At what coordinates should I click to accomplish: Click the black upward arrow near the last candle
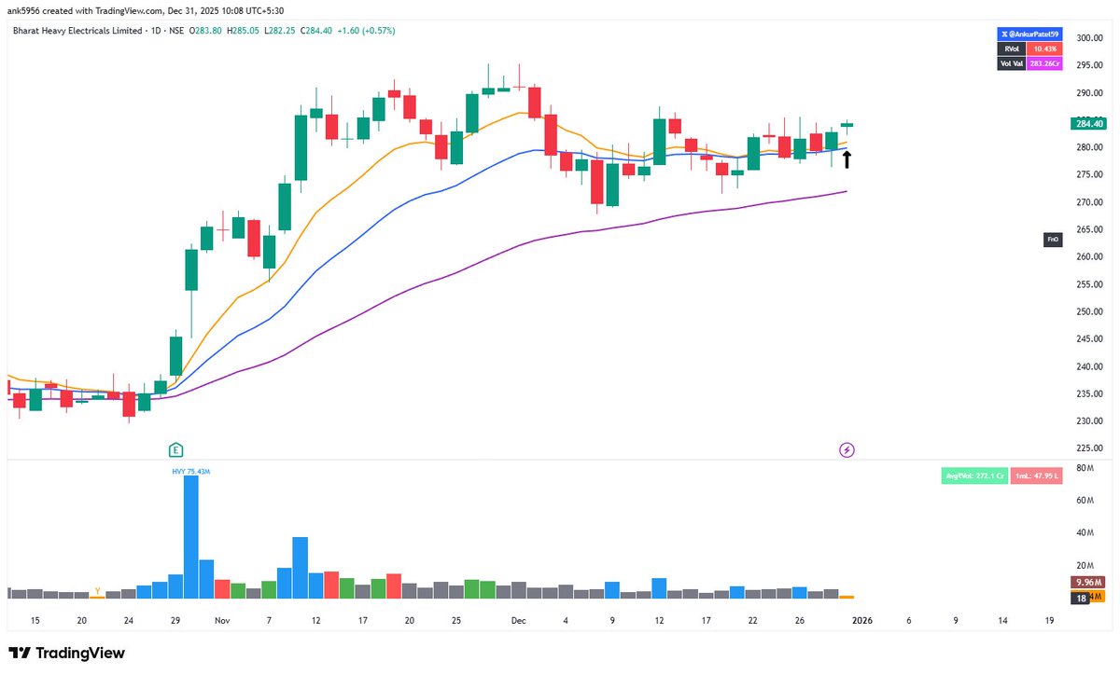[x=847, y=159]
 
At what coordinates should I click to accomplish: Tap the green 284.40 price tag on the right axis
[x=1089, y=123]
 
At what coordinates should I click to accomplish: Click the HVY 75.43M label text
[x=190, y=471]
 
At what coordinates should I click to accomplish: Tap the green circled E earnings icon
[x=175, y=450]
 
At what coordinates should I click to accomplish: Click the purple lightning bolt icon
[x=847, y=450]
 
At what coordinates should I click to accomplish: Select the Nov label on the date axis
[x=221, y=619]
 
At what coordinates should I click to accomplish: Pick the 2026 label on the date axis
[x=861, y=619]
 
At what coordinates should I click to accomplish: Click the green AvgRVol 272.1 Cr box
[x=974, y=475]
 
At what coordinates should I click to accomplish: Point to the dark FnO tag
[x=1053, y=241]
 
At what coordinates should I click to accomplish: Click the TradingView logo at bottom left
[x=66, y=654]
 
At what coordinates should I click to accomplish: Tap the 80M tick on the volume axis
[x=1085, y=467]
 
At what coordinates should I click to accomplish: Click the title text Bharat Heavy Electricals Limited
[x=72, y=31]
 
